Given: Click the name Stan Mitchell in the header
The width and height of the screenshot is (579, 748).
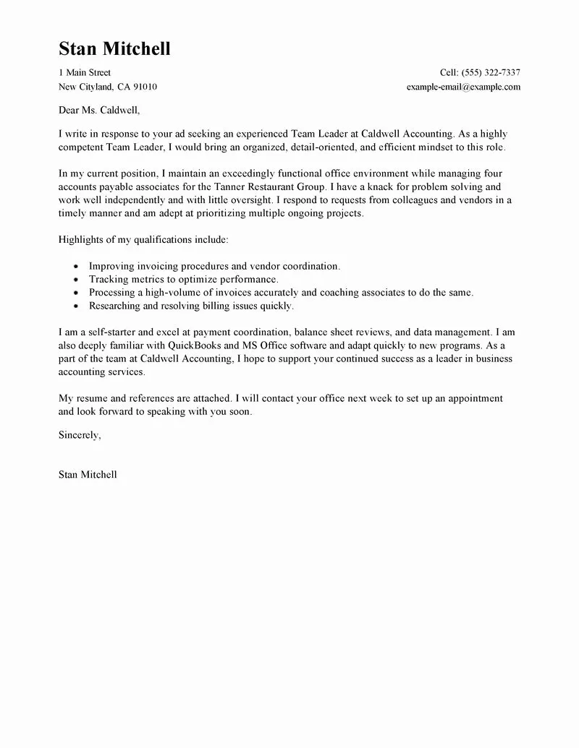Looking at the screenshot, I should point(114,49).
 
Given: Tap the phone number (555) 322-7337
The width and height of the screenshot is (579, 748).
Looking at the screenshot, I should point(490,72).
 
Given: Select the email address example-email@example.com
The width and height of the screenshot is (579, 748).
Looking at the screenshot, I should point(463,87).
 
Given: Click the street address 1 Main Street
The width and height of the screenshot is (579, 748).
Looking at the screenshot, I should point(85,72).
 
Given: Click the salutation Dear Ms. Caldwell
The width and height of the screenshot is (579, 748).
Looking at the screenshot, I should point(98,111).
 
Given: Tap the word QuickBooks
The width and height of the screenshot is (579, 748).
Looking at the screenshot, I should point(208,345).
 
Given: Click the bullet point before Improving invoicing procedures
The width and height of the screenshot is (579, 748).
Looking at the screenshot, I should point(76,267).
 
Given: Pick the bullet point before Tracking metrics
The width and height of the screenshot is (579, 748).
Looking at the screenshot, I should point(76,280).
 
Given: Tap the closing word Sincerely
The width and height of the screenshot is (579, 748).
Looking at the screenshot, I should point(79,435).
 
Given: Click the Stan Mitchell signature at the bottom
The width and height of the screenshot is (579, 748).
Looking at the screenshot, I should point(87,475).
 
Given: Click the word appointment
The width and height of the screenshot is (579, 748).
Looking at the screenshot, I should point(473,398).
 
